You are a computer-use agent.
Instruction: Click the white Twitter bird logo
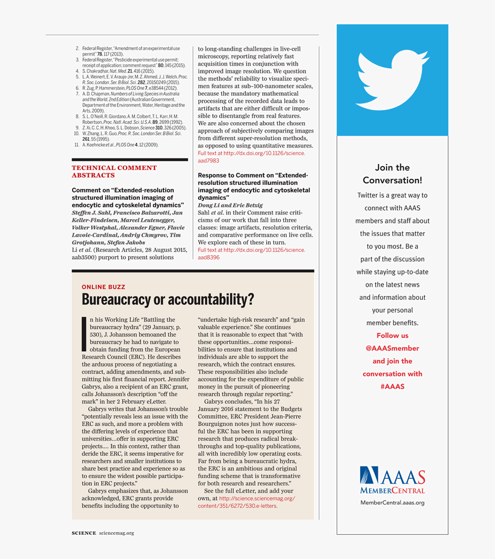[392, 80]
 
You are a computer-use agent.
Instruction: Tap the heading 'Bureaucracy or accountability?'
[168, 300]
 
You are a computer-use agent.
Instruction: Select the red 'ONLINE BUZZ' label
[103, 287]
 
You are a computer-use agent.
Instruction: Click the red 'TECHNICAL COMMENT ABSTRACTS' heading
[114, 172]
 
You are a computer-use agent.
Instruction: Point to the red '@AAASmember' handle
[392, 348]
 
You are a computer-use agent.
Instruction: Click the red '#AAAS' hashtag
[392, 387]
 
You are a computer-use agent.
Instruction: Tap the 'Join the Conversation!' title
[392, 174]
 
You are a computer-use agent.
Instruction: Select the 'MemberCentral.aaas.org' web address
[392, 502]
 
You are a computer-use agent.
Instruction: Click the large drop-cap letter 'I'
[84, 333]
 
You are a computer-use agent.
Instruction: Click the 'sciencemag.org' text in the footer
[117, 533]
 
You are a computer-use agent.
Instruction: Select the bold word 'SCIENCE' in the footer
[84, 533]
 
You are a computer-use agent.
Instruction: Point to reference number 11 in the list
[77, 145]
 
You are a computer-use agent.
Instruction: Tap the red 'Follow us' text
[392, 336]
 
